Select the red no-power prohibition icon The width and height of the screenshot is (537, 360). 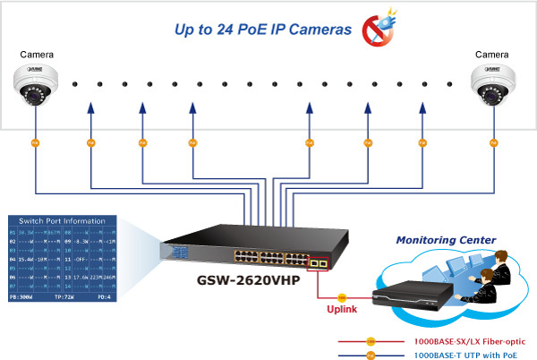coord(377,29)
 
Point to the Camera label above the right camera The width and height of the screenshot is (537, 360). coord(493,54)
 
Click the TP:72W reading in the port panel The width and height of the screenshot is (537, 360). coord(65,294)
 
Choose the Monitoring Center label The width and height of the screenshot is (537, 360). coord(447,240)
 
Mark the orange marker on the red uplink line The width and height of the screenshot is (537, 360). coord(342,295)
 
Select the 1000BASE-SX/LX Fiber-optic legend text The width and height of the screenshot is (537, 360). coord(468,341)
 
